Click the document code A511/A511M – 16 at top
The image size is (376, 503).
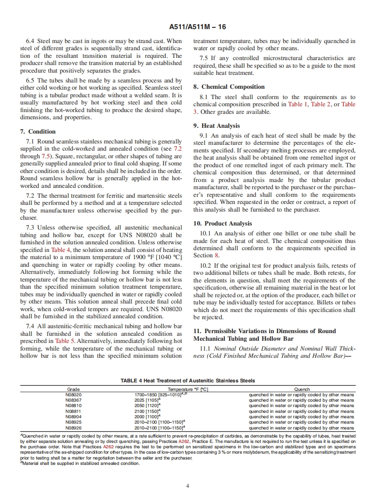[188, 27]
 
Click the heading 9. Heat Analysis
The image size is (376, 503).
[217, 126]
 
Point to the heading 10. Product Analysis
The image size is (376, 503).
[223, 223]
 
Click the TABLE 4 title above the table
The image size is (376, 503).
[188, 381]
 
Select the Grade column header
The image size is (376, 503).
[74, 390]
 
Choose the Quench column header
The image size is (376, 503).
[302, 390]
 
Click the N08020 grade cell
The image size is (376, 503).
[74, 395]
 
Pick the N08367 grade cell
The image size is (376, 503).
[74, 400]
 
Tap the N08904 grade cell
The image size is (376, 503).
[74, 417]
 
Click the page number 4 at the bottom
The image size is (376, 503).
[188, 486]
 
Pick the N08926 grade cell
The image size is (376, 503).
[74, 428]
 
